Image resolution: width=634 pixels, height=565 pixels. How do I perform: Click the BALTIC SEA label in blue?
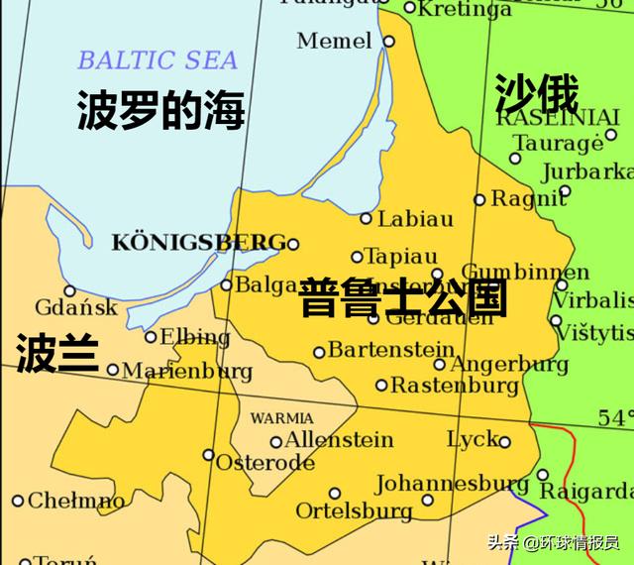coord(158,59)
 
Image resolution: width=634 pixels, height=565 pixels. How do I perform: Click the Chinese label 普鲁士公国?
coord(404,297)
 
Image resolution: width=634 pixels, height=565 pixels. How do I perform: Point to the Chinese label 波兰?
coord(56,353)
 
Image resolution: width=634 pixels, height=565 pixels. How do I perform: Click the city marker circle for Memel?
coord(388,42)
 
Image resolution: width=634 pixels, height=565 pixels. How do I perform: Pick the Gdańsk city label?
coord(76,307)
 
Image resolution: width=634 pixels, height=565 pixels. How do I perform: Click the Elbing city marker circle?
coord(151,337)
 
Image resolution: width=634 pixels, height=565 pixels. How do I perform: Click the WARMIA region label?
coord(281,418)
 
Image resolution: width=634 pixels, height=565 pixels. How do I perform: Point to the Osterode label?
coord(264,463)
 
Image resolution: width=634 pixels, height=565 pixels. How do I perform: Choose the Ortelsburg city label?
coord(354,510)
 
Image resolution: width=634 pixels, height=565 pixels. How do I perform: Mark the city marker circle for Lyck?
coord(503,441)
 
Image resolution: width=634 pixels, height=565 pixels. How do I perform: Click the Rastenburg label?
coord(454,385)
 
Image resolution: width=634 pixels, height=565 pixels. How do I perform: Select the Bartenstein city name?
coord(389,350)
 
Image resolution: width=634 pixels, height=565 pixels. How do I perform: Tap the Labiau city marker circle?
coord(366,219)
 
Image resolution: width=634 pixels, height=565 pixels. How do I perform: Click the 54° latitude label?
coord(614,417)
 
